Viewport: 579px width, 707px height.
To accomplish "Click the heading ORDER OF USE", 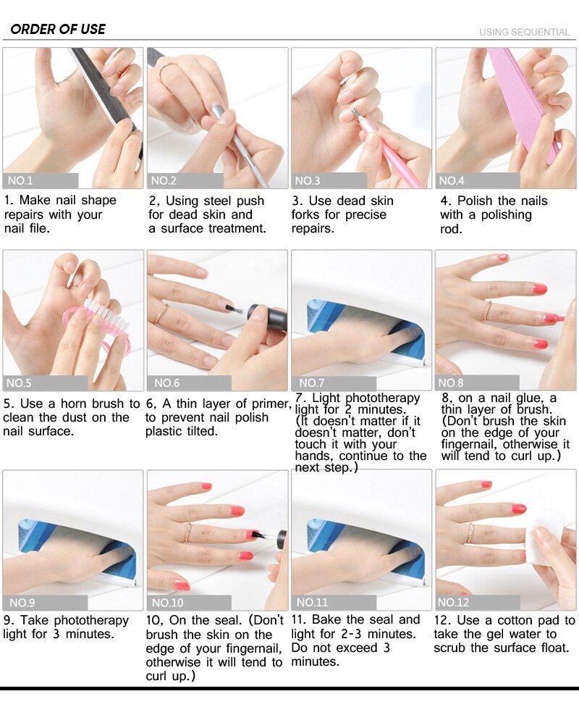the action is pos(58,29).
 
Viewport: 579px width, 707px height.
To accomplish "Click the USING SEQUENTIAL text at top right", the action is pos(524,32).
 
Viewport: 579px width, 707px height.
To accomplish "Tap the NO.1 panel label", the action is pos(20,181).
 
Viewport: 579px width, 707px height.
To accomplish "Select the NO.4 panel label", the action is pos(451,181).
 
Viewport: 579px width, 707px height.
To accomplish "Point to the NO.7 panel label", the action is pos(311,382).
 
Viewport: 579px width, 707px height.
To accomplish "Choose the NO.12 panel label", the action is pos(453,602).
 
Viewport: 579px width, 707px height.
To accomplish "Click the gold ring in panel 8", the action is pos(487,311).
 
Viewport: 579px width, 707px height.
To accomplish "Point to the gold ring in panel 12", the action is pos(471,533).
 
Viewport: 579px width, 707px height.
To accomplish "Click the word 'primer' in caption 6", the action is pos(271,403).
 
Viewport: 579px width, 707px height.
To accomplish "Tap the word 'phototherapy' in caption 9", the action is pos(91,621).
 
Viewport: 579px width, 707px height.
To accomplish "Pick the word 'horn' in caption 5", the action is pos(74,403).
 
